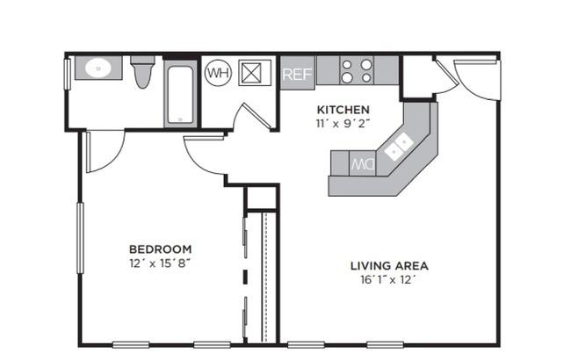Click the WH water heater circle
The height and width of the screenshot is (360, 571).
pos(219,73)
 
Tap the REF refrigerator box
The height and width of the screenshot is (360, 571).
pos(297,73)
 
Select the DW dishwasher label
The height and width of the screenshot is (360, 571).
pos(363,164)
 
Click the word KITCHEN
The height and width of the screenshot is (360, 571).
pos(343,110)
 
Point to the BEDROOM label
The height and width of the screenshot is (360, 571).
pos(160,249)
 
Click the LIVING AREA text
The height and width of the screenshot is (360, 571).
pos(389,266)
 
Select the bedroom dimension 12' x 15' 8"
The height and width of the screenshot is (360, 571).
pos(160,263)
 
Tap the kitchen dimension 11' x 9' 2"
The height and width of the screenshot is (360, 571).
pos(343,124)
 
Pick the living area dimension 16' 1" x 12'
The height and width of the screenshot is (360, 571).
pos(388,279)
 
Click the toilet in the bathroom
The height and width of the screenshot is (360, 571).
pos(142,71)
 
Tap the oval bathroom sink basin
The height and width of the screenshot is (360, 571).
pos(98,68)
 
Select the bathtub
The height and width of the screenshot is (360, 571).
pos(181,94)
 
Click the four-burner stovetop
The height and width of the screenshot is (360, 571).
pos(357,70)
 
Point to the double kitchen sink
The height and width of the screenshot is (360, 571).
pos(399,147)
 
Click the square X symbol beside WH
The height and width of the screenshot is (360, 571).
pos(252,73)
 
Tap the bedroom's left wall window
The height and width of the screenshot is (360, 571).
pos(80,238)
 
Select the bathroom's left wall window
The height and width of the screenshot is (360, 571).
pos(68,74)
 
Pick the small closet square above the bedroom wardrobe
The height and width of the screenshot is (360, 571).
pos(261,198)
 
